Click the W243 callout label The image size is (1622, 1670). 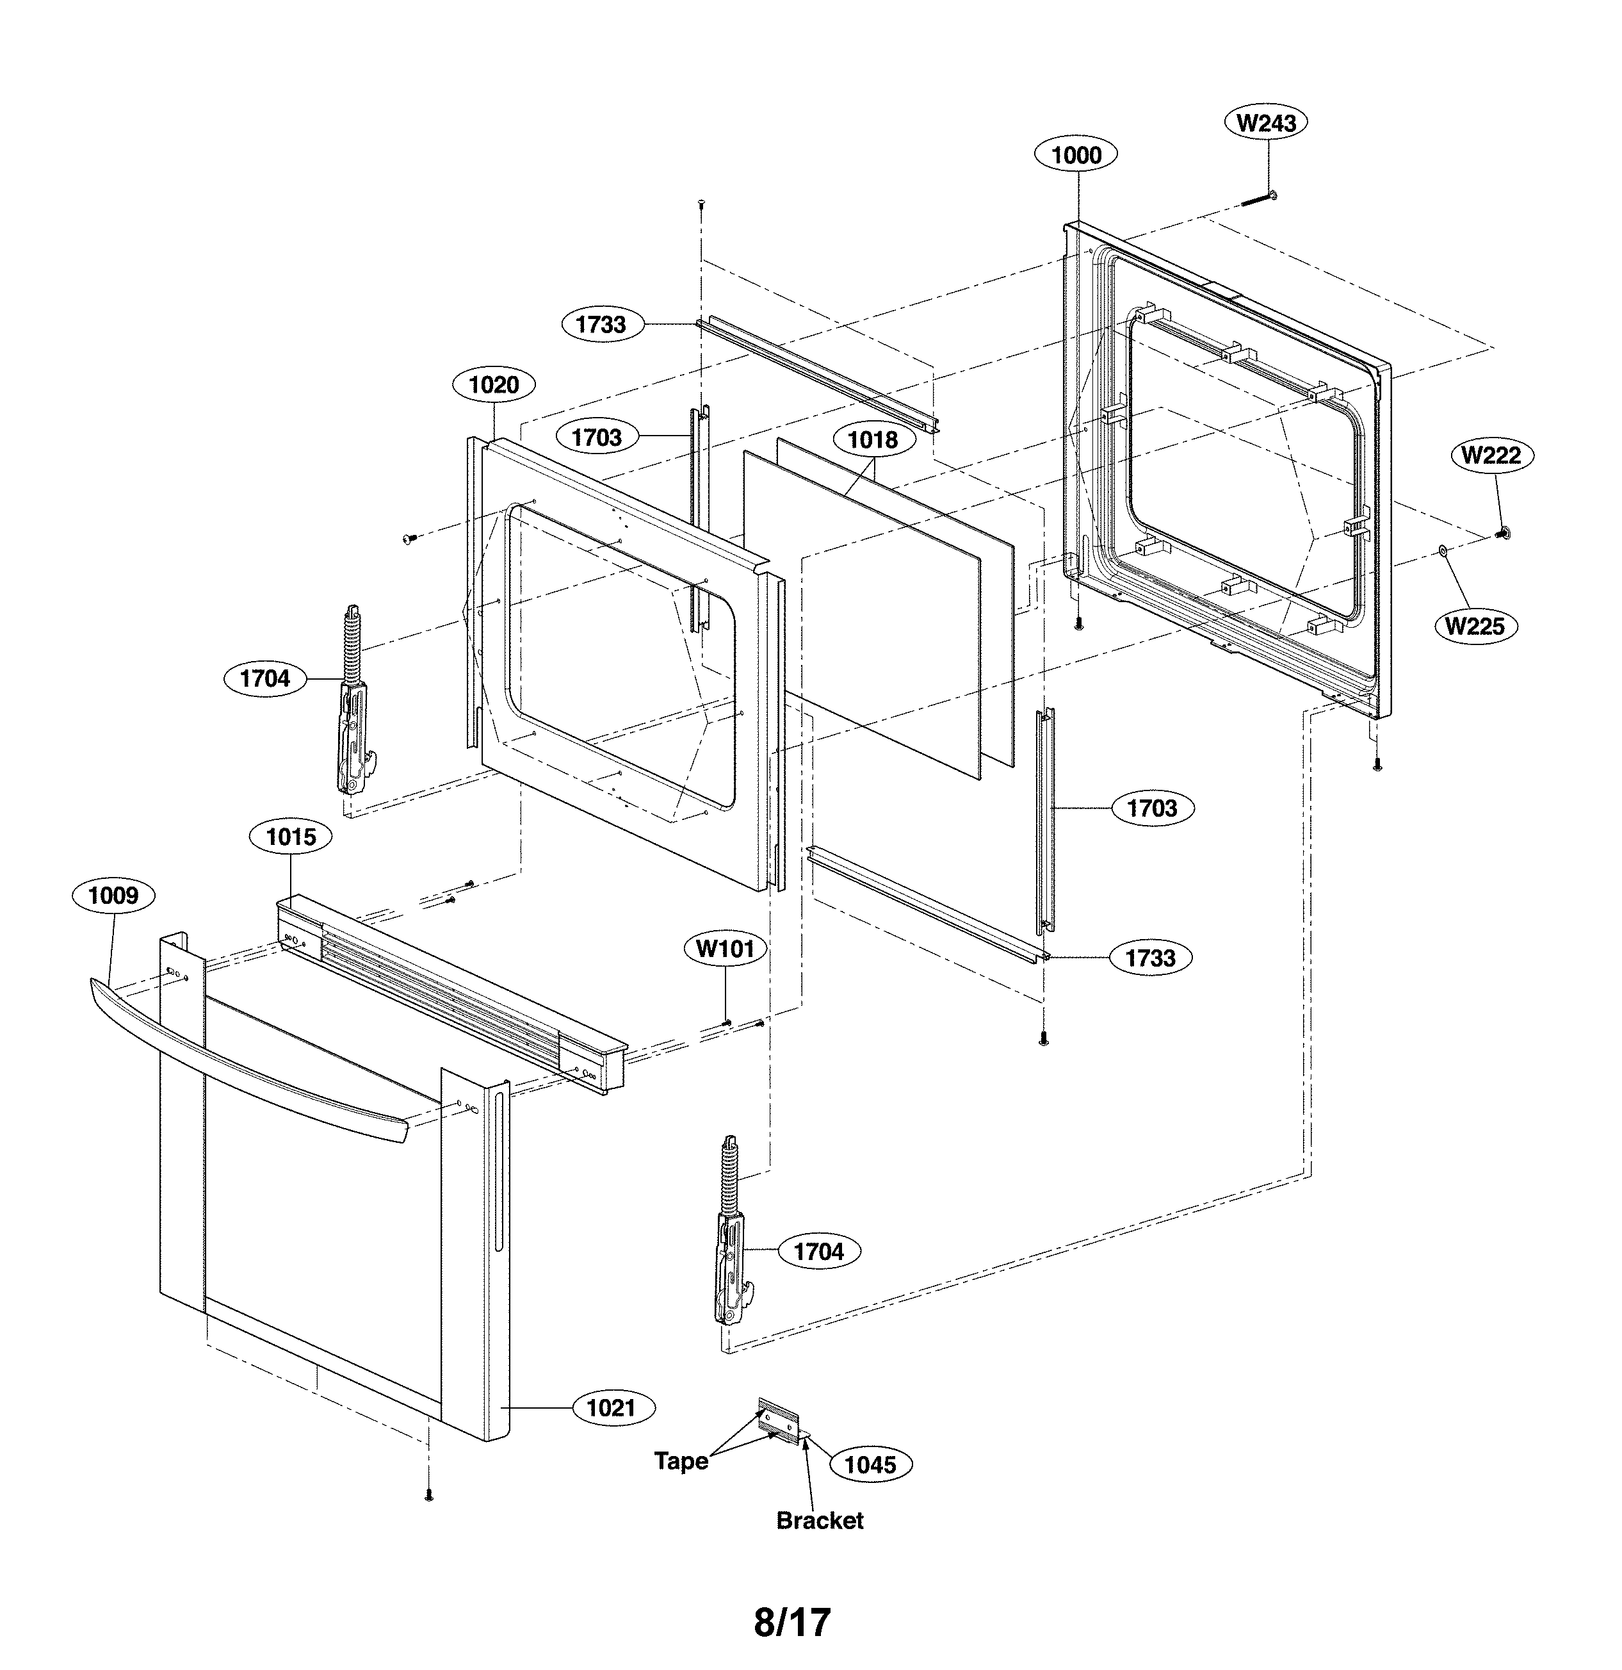pos(1266,123)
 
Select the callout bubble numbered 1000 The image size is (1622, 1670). pos(1076,155)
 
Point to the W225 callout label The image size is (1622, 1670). pos(1475,626)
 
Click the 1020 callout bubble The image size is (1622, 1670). pos(494,384)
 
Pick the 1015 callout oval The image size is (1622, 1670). pos(291,837)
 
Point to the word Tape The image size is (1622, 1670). pos(681,1461)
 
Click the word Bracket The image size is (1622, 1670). pos(820,1520)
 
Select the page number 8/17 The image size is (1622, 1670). pos(792,1623)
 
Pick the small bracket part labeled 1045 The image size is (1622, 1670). pos(779,1420)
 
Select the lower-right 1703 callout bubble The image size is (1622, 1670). pos(1153,808)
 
